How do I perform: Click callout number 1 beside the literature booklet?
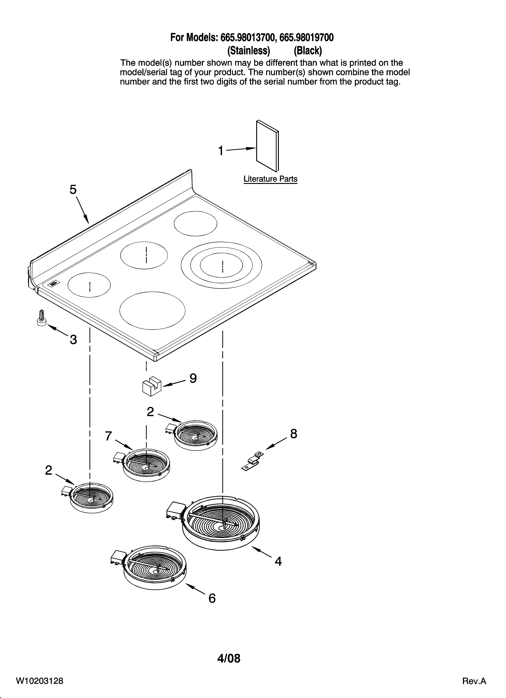click(x=221, y=151)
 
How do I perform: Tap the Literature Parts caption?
click(x=270, y=179)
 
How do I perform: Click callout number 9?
click(x=193, y=378)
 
